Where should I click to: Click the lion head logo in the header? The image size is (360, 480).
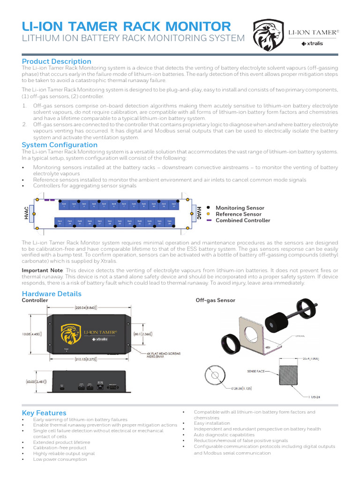267,36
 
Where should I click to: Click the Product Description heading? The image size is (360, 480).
57,61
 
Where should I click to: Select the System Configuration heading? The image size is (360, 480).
60,145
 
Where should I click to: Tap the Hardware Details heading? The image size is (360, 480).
52,294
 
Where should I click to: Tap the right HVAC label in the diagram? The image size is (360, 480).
199,212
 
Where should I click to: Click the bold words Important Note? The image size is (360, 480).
42,270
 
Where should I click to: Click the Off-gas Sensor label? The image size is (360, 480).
215,300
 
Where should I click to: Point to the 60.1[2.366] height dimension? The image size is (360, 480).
141,334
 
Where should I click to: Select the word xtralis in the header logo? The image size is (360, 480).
314,44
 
